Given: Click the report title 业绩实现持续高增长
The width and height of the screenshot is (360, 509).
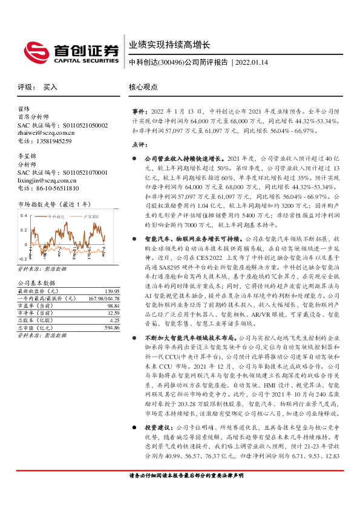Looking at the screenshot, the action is click(x=169, y=45).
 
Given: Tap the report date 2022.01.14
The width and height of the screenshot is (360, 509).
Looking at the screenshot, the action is click(x=251, y=62).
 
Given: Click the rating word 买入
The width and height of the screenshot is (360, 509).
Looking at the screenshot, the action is click(x=50, y=87).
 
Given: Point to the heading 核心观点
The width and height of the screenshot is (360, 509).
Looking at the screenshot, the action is click(x=143, y=87).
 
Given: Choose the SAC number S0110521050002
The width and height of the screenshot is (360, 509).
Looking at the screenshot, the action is click(x=80, y=125).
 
